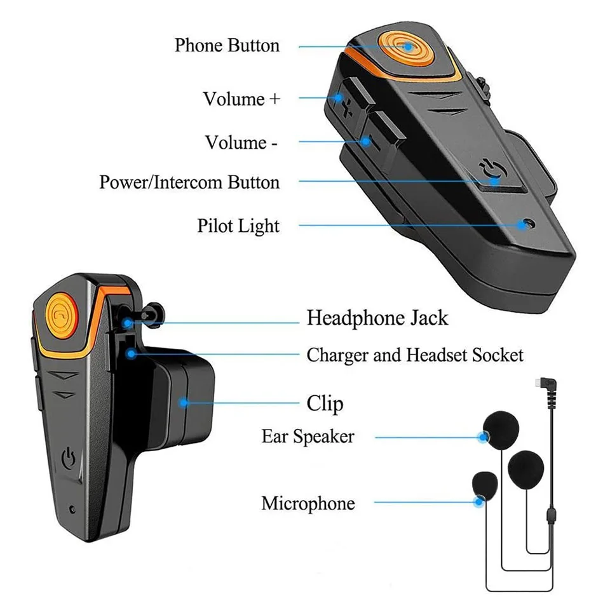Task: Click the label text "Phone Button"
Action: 227,46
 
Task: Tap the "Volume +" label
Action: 241,99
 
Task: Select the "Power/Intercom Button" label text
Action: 189,182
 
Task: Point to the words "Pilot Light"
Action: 238,226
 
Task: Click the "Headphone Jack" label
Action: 377,317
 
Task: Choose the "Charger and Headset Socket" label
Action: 415,355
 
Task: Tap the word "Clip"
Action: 325,403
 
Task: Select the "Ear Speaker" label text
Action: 308,437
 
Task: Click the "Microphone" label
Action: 308,503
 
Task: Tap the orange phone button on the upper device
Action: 403,48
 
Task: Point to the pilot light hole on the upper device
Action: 522,224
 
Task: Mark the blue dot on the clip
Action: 184,402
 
